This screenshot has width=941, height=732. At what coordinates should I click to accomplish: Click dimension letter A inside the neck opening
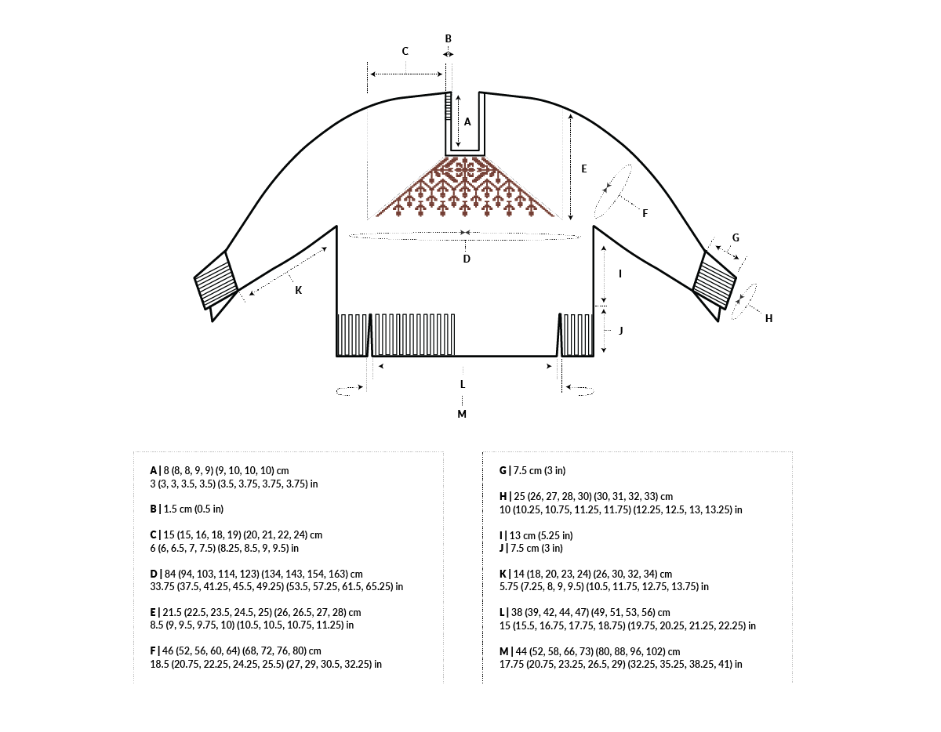pos(467,121)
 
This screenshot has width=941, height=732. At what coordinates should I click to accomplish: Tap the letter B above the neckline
pos(449,38)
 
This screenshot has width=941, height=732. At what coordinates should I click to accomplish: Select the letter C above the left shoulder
pos(405,52)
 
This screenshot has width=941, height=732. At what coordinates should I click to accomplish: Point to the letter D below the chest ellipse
pos(466,259)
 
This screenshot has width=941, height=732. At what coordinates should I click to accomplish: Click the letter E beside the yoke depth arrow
pos(583,169)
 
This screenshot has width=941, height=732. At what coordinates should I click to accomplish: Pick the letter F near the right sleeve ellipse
pos(645,213)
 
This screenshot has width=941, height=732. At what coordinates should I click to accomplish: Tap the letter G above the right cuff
pos(735,237)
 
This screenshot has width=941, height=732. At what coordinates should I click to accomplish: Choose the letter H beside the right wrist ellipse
pos(768,318)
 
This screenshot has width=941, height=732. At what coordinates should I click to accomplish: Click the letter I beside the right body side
pos(620,274)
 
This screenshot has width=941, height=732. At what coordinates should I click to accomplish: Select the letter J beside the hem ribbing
pos(620,331)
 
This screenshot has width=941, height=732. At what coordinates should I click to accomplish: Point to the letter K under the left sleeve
pos(298,290)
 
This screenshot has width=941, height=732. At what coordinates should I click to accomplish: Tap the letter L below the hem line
pos(463,384)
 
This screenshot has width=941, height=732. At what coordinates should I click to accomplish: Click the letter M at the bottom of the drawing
pos(462,414)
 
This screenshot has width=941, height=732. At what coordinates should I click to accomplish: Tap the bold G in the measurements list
pos(503,471)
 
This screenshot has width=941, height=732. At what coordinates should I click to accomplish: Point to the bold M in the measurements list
pos(504,651)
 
